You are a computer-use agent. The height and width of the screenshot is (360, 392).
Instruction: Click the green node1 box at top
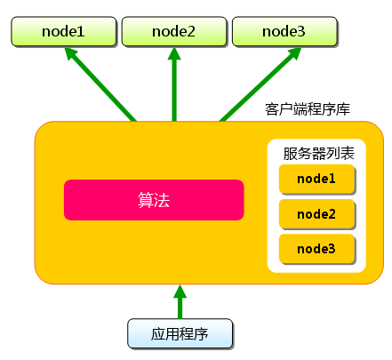point(63,32)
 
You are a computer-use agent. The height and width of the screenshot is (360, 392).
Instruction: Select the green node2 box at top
point(173,32)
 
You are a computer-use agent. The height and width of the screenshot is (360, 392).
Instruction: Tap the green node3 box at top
point(284,32)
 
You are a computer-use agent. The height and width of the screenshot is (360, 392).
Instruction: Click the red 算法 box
point(154,200)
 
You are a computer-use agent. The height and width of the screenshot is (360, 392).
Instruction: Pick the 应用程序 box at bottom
point(180,334)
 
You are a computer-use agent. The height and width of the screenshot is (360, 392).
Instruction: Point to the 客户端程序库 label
point(308,109)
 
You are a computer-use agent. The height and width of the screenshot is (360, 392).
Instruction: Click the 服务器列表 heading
point(318,153)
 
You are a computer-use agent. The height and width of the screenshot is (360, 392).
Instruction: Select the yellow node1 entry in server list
point(316,179)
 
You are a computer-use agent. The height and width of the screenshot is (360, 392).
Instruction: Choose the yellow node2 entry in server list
point(316,213)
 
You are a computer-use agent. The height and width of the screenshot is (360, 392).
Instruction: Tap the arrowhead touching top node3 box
point(292,56)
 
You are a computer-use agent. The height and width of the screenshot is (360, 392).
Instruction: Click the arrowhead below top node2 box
point(174,56)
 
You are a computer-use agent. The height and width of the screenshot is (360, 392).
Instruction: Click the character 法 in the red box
point(162,200)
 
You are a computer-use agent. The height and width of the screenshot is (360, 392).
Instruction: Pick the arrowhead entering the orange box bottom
point(180,292)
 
